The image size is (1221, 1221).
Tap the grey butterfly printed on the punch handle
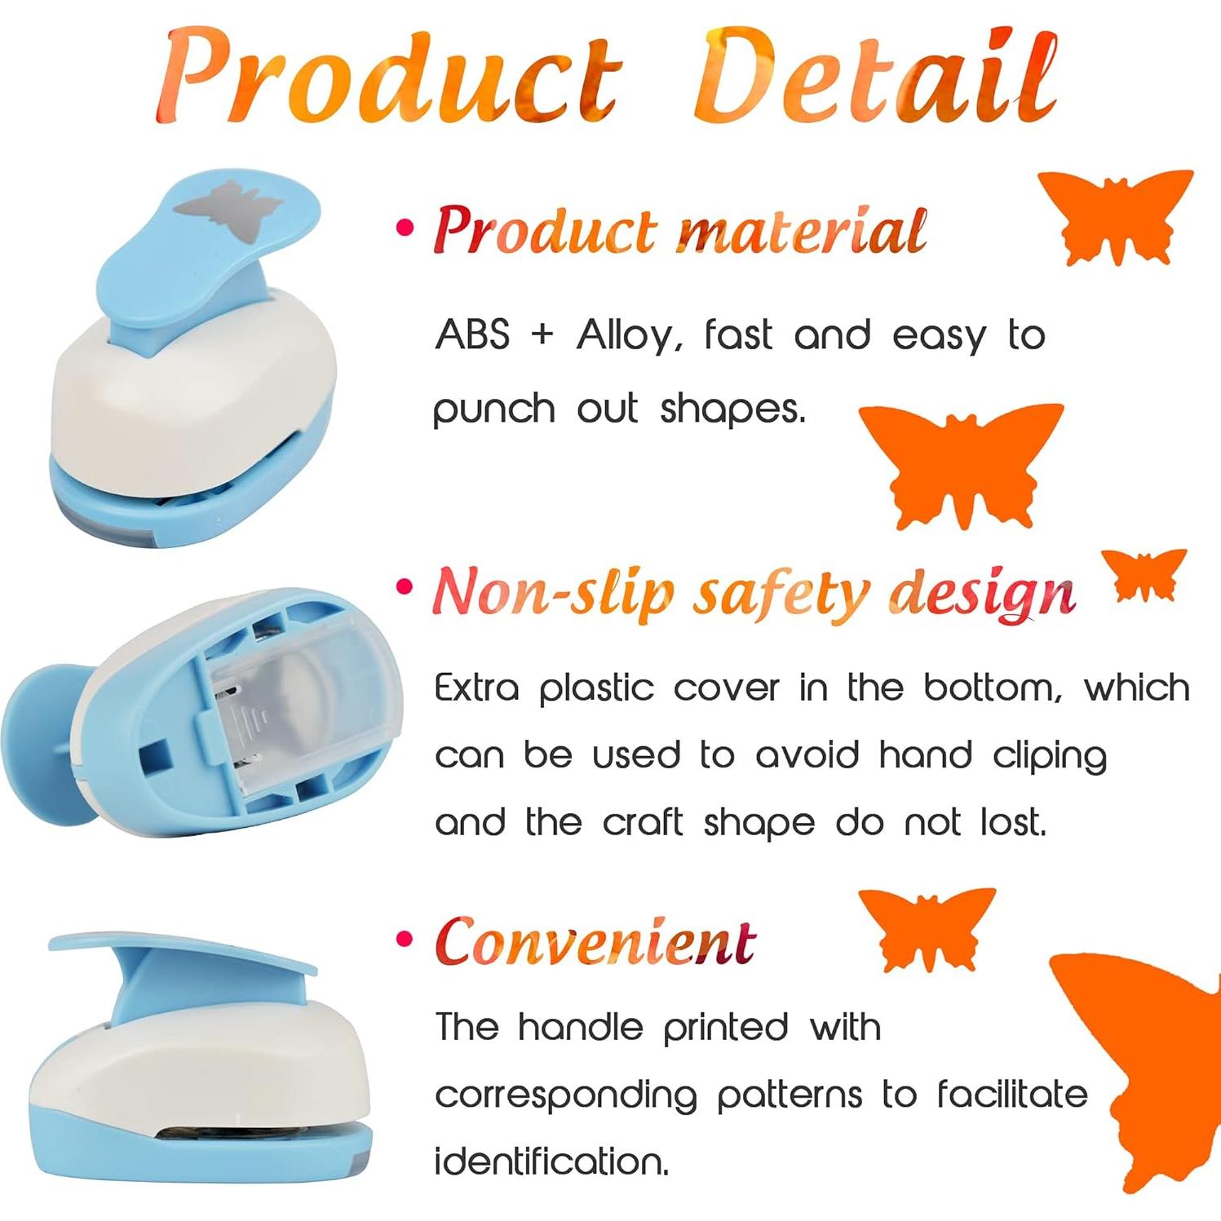click(x=226, y=210)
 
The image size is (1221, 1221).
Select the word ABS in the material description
click(x=473, y=334)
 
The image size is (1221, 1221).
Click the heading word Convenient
click(x=595, y=942)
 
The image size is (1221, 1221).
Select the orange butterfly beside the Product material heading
click(x=1116, y=214)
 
